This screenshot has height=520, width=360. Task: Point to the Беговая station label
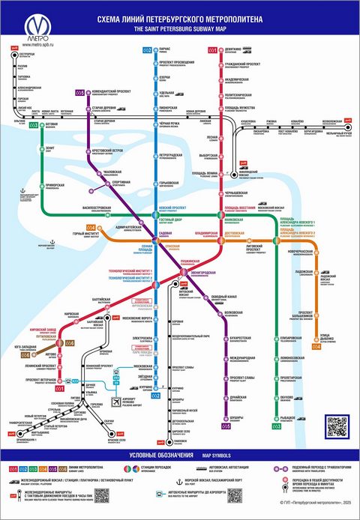51,126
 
